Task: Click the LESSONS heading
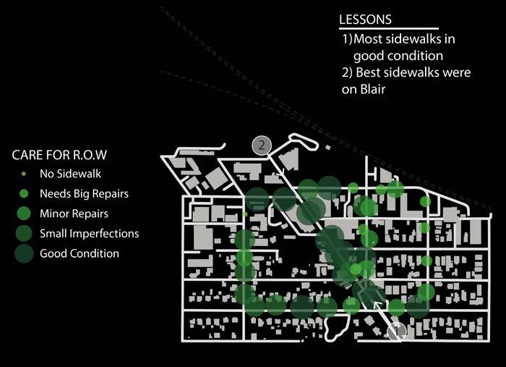pos(366,20)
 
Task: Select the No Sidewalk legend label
pos(70,174)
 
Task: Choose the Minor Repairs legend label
pos(74,214)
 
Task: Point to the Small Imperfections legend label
pos(89,234)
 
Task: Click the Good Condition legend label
pos(80,253)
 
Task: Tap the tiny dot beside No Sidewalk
pos(24,174)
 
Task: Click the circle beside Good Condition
pos(24,253)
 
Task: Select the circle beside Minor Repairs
pos(24,214)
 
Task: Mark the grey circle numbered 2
pos(261,145)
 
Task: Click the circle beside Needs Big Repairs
pos(24,194)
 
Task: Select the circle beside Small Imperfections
pos(24,233)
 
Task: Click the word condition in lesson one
pos(417,55)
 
